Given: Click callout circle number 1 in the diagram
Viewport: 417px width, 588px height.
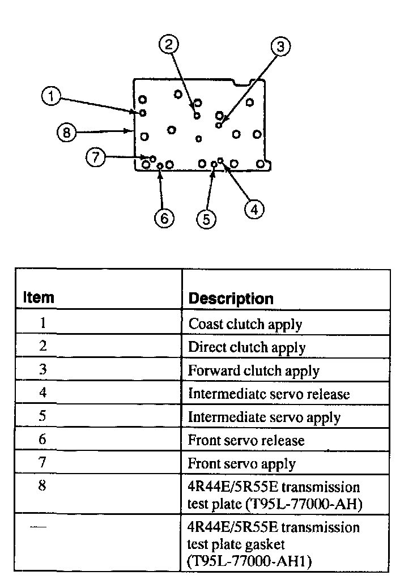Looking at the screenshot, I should tap(51, 97).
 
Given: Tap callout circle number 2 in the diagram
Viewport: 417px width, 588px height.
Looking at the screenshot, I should tap(169, 44).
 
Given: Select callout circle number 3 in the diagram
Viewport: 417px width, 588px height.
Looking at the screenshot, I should tap(280, 46).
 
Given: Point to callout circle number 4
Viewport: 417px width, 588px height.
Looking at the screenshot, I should tap(254, 210).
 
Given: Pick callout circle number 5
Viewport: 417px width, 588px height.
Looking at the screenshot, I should tap(206, 219).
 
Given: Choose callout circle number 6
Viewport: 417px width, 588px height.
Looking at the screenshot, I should tap(164, 218).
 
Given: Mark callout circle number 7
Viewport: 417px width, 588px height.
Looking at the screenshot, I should tap(96, 157).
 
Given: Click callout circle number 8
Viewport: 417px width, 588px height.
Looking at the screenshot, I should tap(66, 133).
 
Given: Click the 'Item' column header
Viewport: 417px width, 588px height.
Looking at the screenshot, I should tap(39, 297).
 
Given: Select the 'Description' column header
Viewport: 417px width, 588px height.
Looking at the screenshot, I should tap(231, 299).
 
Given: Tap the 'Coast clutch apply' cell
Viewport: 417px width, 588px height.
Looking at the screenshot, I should tap(245, 325).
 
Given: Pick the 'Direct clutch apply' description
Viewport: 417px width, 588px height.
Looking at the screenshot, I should tap(246, 348).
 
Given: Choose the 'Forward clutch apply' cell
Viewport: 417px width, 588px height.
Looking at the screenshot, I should tap(253, 371).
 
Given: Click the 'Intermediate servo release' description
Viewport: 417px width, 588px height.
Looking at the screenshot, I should tap(269, 394).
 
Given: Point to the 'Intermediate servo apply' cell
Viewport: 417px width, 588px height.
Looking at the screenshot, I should tap(264, 417).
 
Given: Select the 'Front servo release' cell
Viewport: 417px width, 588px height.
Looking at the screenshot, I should tap(246, 441).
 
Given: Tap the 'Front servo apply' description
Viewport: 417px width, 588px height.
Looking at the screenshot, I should tap(241, 464).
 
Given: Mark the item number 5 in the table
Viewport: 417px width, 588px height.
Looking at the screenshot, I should tap(42, 416).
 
